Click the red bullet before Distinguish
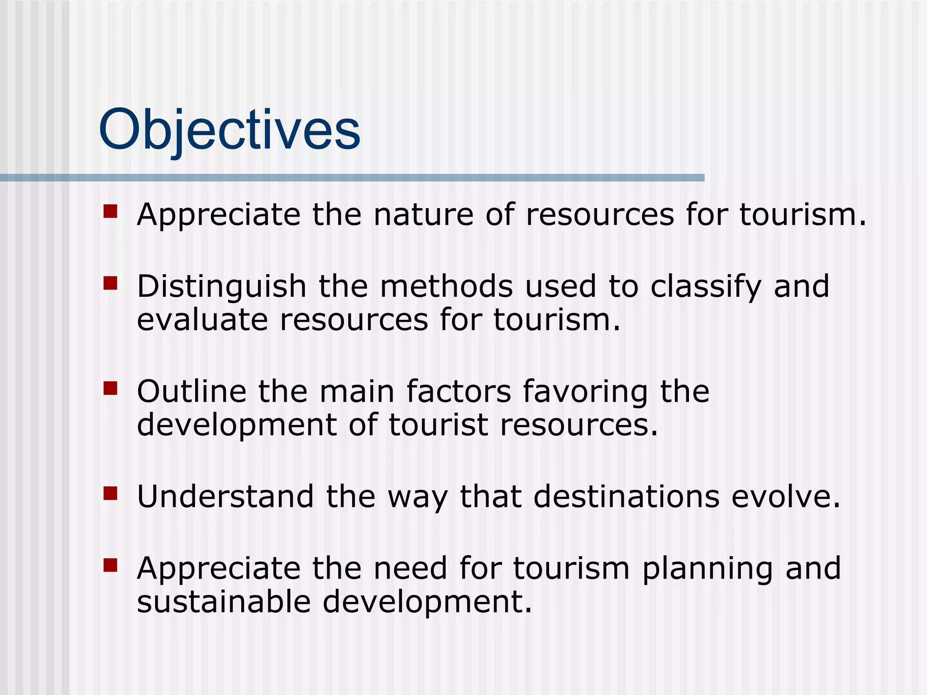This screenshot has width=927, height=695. (x=110, y=283)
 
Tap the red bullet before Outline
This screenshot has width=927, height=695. (x=110, y=388)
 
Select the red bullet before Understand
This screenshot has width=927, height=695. (x=110, y=493)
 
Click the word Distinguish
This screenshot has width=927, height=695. (x=222, y=287)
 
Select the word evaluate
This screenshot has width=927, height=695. (x=202, y=320)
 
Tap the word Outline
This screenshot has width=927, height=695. (x=191, y=391)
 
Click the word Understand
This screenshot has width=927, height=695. (x=225, y=496)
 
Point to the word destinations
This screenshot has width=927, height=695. (x=626, y=496)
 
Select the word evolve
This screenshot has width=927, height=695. (x=785, y=496)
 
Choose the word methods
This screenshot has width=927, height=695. (x=446, y=287)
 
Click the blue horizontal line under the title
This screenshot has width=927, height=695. (x=352, y=178)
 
